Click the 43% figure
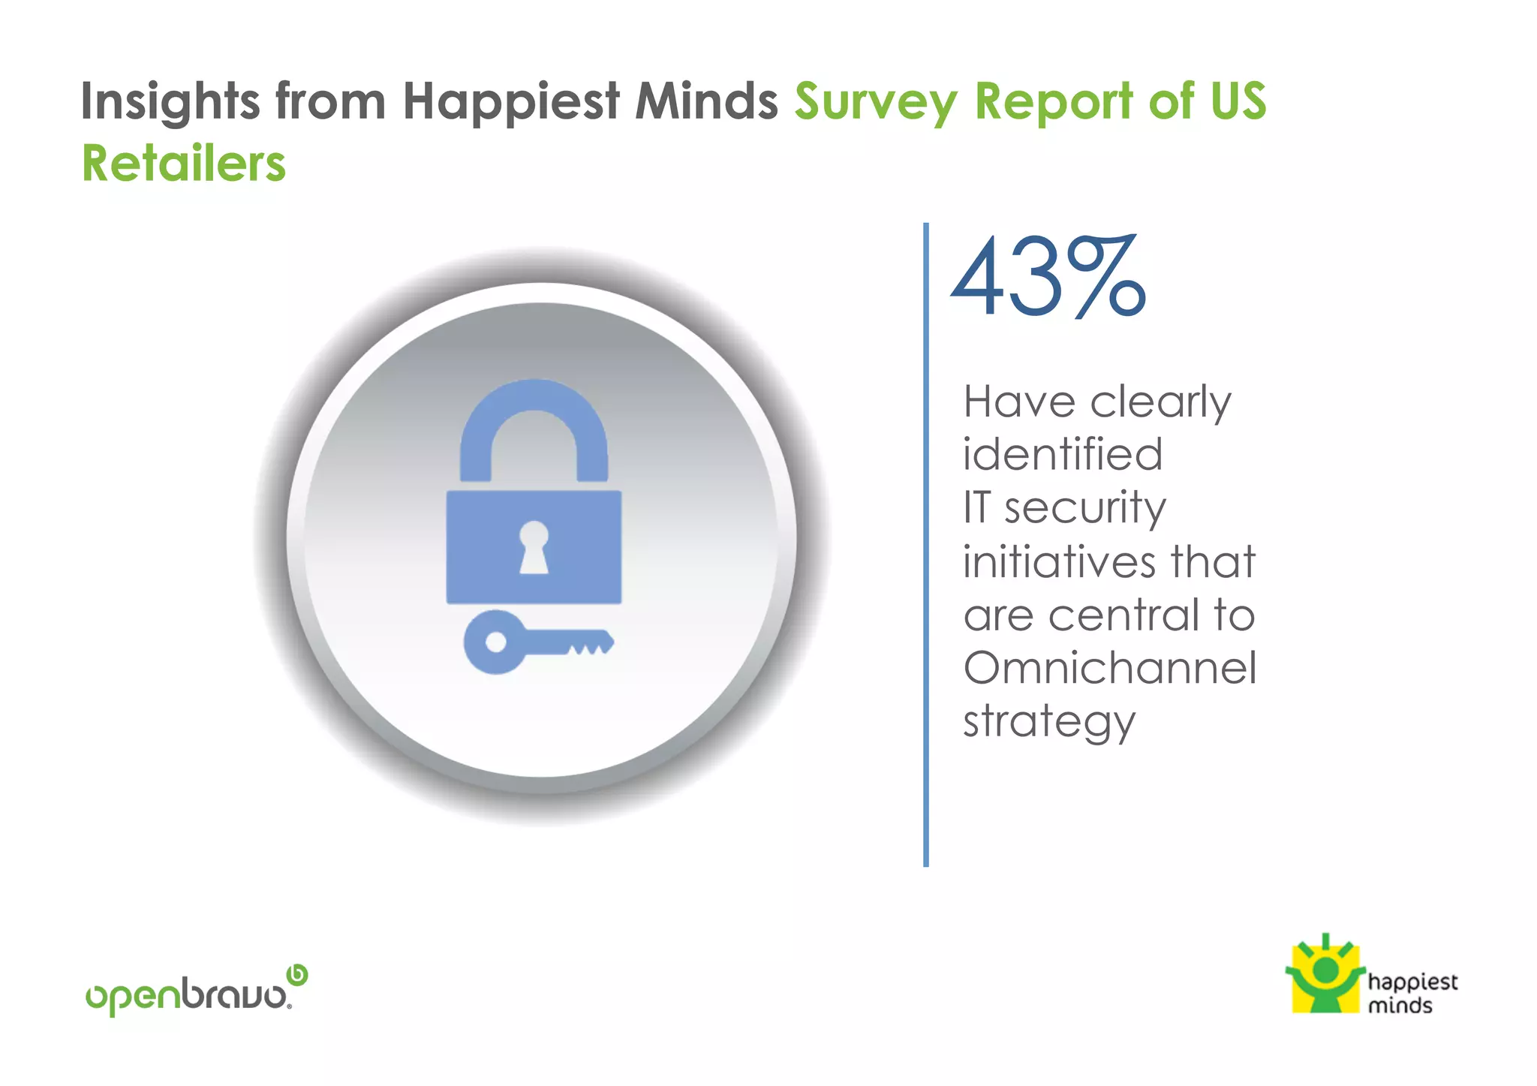1048,277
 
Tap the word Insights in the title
170,101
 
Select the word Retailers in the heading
184,164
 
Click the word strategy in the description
1048,722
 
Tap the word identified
1062,454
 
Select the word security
1085,508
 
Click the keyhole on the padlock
534,546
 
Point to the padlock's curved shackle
534,420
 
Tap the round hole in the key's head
495,642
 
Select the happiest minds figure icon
1325,973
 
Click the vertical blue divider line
926,544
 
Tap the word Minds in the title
706,101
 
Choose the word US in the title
1238,101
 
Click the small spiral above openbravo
298,974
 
